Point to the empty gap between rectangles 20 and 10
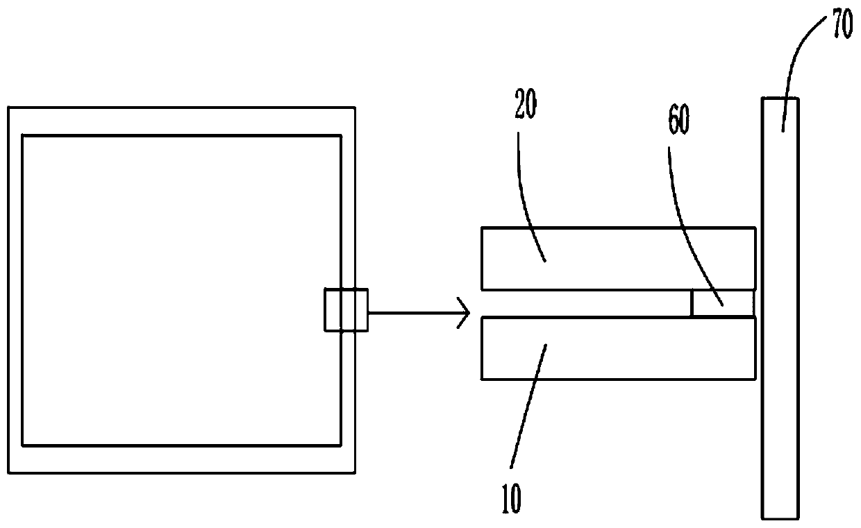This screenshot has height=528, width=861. pyautogui.click(x=583, y=303)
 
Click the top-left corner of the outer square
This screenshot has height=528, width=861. pyautogui.click(x=9, y=108)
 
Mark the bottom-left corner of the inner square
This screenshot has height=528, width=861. pyautogui.click(x=23, y=445)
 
